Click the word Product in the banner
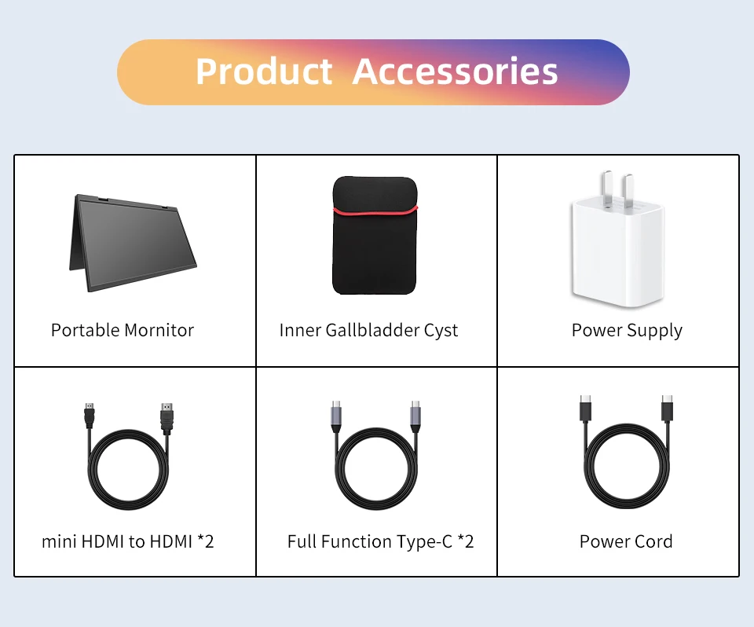264,71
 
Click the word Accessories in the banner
455,71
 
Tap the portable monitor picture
133,242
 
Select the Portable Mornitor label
123,330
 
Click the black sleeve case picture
375,235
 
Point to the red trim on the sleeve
375,211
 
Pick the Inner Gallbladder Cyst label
368,331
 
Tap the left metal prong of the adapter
607,187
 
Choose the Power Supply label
627,331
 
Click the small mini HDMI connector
90,416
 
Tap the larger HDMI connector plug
167,418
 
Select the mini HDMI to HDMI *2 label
128,541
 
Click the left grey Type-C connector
336,416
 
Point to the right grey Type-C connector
415,416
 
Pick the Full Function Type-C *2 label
381,542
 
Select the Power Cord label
626,542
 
